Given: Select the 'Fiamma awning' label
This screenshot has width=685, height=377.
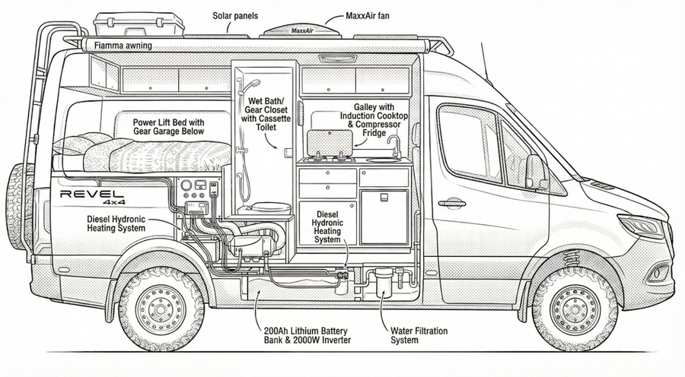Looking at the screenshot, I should point(123,46).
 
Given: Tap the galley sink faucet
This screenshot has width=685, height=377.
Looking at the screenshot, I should point(394,144).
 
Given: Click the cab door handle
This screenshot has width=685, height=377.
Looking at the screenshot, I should point(451,203).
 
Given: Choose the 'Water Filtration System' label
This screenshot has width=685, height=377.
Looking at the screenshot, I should point(418,335).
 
